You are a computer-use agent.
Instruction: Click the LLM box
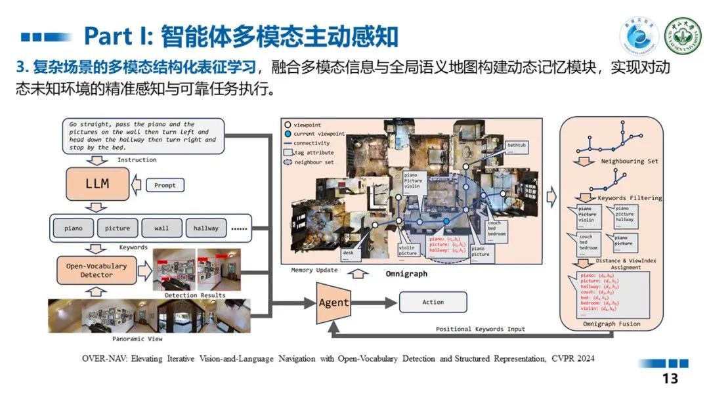click(x=97, y=184)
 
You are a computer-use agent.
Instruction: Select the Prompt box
click(x=165, y=185)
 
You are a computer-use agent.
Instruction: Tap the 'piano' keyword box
click(x=74, y=228)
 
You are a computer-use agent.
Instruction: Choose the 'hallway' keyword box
click(x=205, y=228)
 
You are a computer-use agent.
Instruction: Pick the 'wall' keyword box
click(x=161, y=228)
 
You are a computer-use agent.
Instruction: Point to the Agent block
click(x=333, y=303)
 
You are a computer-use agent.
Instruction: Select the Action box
click(x=433, y=302)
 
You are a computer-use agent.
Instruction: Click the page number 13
click(x=670, y=379)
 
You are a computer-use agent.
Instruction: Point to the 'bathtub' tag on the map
click(x=516, y=146)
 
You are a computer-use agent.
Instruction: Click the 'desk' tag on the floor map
click(x=348, y=253)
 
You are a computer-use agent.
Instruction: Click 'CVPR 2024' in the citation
click(x=576, y=359)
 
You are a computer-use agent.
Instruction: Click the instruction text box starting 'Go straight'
click(x=144, y=136)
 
